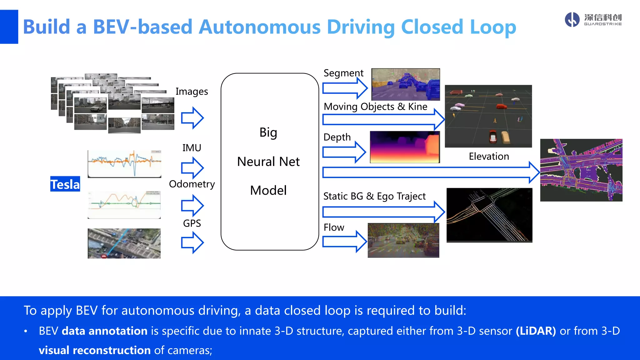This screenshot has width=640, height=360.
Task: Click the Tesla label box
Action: (x=65, y=184)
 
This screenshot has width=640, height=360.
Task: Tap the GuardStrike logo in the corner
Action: (x=593, y=20)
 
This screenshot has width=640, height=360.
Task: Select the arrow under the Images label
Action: (x=192, y=118)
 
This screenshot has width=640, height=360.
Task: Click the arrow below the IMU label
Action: (x=192, y=168)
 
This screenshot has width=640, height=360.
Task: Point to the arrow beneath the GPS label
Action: (x=192, y=242)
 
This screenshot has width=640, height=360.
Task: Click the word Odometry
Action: (x=192, y=184)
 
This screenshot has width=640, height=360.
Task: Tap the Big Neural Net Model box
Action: (x=269, y=162)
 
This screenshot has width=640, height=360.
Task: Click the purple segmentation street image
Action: (x=405, y=84)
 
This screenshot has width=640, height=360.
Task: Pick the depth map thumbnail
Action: (x=405, y=147)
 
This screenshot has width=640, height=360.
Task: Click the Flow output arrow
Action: (x=344, y=242)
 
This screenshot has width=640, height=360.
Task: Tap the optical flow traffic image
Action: (x=403, y=240)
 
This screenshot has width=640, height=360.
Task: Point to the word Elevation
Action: (x=489, y=156)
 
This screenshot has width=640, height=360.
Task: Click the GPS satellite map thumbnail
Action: (x=124, y=243)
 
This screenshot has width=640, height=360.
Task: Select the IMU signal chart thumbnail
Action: (x=124, y=164)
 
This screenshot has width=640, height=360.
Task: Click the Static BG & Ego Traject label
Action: (x=374, y=196)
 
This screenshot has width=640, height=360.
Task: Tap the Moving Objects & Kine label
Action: (x=375, y=107)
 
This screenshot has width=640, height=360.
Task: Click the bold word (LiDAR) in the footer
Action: (x=536, y=331)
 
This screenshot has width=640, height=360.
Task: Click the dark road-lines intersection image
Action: (x=489, y=215)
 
